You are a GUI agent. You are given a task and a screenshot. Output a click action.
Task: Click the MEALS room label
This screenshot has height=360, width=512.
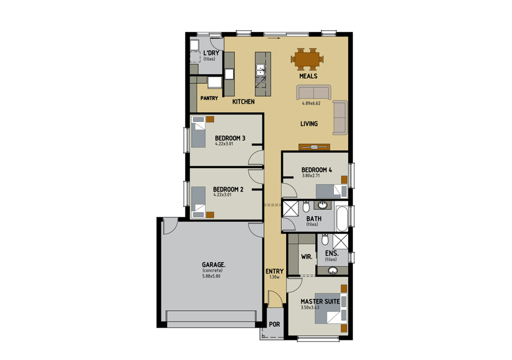coord(308,76)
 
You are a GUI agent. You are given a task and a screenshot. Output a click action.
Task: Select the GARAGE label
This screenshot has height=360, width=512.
coord(214,264)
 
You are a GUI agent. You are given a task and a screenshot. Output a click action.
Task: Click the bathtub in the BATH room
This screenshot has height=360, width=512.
coord(342,217)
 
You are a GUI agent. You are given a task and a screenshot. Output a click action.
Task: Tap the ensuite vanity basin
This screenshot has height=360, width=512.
coord(333,271)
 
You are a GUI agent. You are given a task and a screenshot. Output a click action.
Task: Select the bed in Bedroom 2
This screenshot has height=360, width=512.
coord(199,202)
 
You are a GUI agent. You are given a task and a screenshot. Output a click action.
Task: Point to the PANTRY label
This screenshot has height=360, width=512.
coord(209,98)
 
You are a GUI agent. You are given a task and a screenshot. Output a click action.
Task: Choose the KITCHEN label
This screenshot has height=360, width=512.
coord(244,102)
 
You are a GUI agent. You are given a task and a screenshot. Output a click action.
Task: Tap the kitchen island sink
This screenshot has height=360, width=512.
coord(260,70)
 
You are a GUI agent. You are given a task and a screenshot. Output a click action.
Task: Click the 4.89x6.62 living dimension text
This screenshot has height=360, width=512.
coord(311,103)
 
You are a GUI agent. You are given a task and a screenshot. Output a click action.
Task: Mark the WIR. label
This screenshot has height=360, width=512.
coord(306,257)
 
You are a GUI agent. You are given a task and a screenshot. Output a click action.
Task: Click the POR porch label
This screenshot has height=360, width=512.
coord(274,325)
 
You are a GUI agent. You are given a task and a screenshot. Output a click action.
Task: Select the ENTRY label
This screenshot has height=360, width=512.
coord(274,272)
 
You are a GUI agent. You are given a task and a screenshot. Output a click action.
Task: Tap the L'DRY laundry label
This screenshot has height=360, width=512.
coord(210,53)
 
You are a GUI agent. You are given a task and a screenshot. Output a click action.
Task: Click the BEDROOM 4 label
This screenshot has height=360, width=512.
coord(317,170)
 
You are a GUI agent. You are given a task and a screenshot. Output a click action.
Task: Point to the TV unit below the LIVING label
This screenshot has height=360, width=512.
coord(314,147)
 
